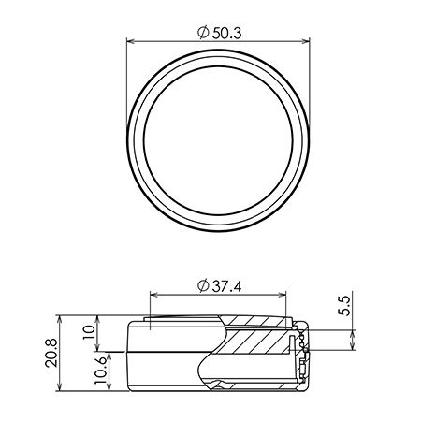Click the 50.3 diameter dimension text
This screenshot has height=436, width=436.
[x=226, y=33]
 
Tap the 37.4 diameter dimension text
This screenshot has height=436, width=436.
[x=226, y=286]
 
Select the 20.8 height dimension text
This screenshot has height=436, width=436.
[x=51, y=353]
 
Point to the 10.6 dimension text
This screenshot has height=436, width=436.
[x=100, y=371]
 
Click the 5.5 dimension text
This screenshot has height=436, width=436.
[x=344, y=306]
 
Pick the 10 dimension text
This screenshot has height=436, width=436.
[x=89, y=332]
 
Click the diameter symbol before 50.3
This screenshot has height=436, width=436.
[x=203, y=33]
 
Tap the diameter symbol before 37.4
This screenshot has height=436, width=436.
[x=203, y=286]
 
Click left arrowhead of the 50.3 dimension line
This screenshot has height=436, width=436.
[x=130, y=41]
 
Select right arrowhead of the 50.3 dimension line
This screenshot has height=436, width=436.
[x=306, y=41]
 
